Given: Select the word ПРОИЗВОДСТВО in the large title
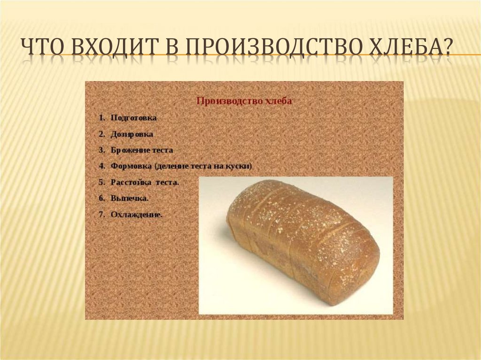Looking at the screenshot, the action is point(262,46).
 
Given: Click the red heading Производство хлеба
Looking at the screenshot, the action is point(244,101).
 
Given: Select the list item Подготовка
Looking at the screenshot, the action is point(133,118).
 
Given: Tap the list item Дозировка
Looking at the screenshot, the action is point(132,134).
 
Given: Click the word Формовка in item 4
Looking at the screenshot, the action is point(131,166).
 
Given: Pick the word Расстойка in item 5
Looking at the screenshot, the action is point(131,183).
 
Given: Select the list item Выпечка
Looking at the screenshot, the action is point(130,199).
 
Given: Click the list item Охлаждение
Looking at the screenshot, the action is point(136,214).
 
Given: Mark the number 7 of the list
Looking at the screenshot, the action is point(101,214).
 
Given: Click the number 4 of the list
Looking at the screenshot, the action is point(101,166).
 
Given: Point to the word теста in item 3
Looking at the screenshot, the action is point(163,150).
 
